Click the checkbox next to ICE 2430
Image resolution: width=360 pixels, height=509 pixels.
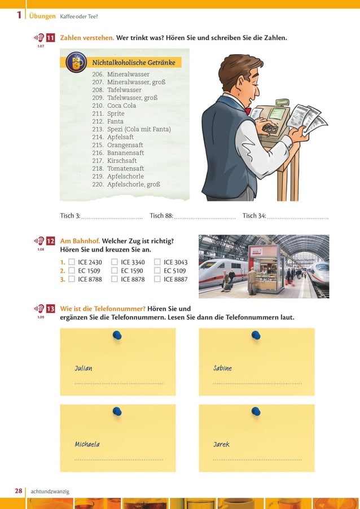point(72,262)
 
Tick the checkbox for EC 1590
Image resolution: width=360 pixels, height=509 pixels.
point(115,271)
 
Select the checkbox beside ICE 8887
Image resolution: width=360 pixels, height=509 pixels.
point(157,279)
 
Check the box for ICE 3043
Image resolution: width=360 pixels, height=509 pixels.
point(157,262)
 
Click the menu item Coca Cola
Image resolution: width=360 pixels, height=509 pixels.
point(121,106)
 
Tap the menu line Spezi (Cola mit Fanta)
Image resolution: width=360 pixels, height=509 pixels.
point(138,129)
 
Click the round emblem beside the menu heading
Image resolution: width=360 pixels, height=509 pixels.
point(76,62)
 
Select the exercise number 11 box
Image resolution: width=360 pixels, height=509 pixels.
point(50,38)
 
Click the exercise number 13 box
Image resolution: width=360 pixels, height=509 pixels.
point(50,309)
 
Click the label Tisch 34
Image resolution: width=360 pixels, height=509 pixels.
point(254,216)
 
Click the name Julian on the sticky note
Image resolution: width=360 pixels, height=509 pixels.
point(84,368)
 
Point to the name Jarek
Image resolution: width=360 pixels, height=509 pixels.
point(221,445)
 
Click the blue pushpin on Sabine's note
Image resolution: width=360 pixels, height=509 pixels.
point(256,336)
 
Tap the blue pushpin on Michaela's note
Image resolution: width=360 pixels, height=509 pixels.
point(117,411)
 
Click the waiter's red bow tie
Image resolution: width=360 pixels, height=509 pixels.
point(247,111)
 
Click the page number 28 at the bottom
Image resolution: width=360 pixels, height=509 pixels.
point(19,492)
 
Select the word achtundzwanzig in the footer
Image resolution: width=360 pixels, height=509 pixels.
point(50,492)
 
